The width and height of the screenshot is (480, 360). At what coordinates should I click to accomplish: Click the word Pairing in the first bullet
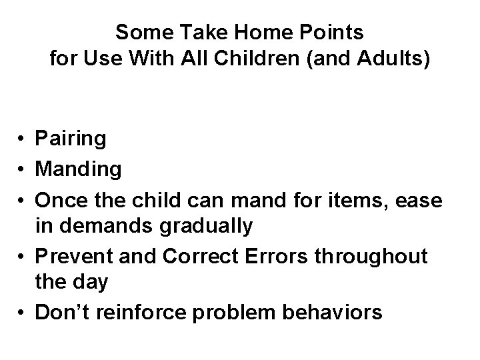(x=71, y=139)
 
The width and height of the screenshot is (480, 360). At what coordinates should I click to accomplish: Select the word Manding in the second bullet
(x=79, y=169)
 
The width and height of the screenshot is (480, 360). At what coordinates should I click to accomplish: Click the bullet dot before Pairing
(x=23, y=140)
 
